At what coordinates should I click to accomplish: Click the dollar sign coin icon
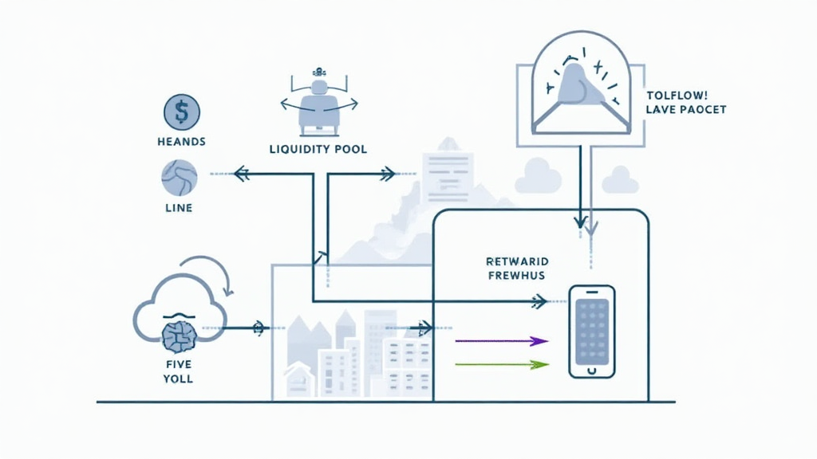tap(181, 112)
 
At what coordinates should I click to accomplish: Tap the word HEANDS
tap(181, 142)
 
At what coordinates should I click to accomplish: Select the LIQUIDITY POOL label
tap(318, 149)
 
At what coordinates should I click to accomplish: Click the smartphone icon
tap(591, 331)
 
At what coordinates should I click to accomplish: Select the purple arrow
tap(502, 341)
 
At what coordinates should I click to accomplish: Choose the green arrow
tap(502, 364)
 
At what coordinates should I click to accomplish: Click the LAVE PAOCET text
tap(685, 109)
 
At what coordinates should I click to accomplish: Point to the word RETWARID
tap(516, 261)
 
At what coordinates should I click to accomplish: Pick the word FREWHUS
tap(516, 277)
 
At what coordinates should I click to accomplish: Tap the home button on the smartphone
tap(591, 370)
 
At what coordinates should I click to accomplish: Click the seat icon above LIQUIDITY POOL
tap(318, 104)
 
